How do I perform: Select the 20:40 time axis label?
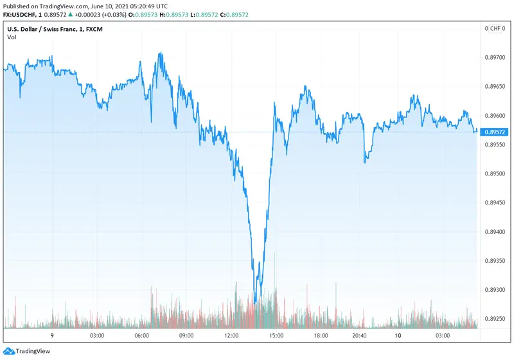pyautogui.click(x=360, y=336)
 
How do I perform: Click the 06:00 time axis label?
pyautogui.click(x=142, y=336)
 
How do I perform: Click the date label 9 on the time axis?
pyautogui.click(x=51, y=336)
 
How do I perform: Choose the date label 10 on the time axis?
pyautogui.click(x=398, y=336)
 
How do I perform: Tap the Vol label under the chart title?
pyautogui.click(x=12, y=37)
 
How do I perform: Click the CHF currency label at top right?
pyautogui.click(x=495, y=28)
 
